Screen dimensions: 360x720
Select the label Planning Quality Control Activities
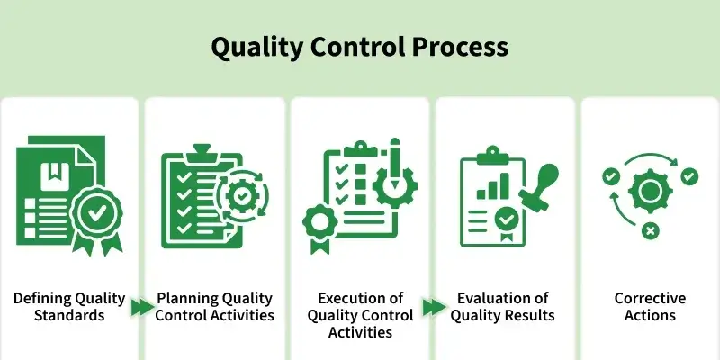click(x=215, y=307)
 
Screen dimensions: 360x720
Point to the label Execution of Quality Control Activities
click(x=360, y=315)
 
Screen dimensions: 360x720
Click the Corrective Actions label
click(x=650, y=307)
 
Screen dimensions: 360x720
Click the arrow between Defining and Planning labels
click(x=141, y=308)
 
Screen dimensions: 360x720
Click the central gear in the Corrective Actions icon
click(x=648, y=191)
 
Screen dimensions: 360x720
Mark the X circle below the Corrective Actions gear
click(x=650, y=232)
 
